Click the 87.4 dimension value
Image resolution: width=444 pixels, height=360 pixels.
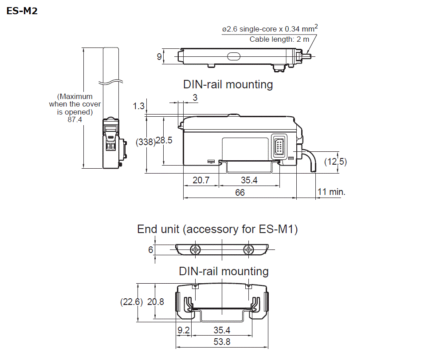click(x=75, y=120)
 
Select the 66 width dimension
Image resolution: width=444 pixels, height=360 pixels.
click(x=240, y=193)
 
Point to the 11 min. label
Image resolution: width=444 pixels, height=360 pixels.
click(x=331, y=192)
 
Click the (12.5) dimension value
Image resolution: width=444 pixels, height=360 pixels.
click(x=335, y=162)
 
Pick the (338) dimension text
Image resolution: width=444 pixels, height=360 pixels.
click(x=145, y=142)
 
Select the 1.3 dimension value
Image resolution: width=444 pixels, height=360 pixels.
click(x=138, y=106)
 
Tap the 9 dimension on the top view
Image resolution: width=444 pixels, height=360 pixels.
click(x=159, y=56)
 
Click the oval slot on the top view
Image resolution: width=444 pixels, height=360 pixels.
click(x=233, y=56)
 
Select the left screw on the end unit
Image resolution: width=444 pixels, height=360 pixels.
click(x=195, y=250)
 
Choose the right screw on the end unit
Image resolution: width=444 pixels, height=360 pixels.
click(x=248, y=250)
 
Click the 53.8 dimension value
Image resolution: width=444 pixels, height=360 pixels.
click(x=222, y=342)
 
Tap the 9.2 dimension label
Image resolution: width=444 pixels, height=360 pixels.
click(x=184, y=330)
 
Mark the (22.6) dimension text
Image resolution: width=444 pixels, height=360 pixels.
click(x=131, y=302)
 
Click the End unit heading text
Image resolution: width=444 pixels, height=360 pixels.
click(x=217, y=229)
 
